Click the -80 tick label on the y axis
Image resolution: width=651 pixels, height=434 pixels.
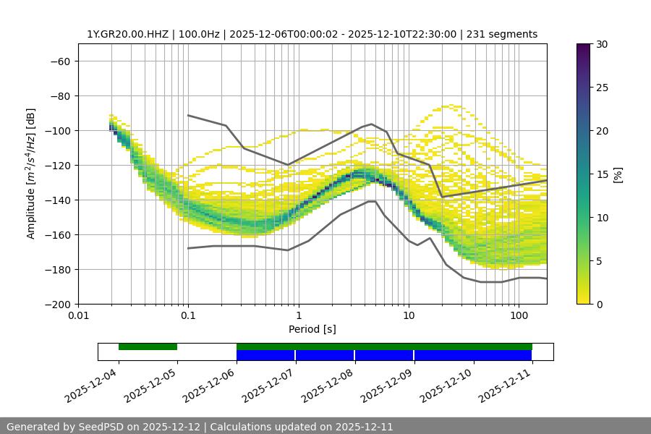coord(59,95)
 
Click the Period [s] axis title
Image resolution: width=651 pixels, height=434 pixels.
coord(312,329)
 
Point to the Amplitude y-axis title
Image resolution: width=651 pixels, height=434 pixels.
coord(31,174)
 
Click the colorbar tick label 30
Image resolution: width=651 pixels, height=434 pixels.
coord(601,44)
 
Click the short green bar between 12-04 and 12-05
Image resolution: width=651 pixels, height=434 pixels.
coord(148,346)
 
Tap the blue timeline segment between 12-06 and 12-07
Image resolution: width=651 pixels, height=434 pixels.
coord(265,355)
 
